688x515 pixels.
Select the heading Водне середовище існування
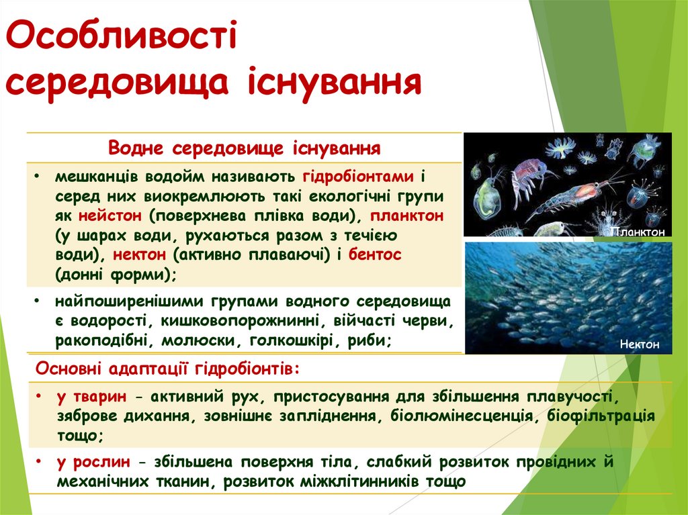(x=245, y=147)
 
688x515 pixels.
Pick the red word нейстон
(x=110, y=217)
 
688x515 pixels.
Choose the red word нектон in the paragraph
(x=141, y=256)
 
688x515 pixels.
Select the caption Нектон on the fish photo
(x=640, y=344)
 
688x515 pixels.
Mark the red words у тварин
(x=93, y=396)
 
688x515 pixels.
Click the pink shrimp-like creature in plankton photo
(x=531, y=175)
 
